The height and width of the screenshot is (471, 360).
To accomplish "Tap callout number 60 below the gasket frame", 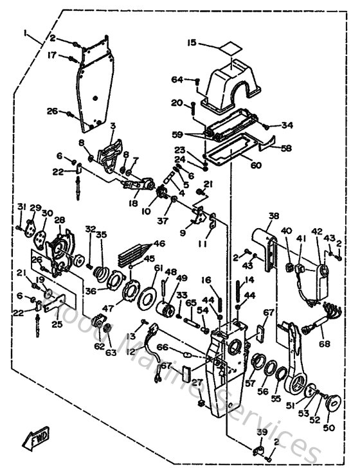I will click(255, 165).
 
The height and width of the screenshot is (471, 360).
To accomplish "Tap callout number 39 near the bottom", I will click(261, 432).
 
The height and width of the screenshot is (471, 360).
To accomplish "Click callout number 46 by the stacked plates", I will click(158, 244).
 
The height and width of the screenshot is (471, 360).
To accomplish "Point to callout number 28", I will click(59, 220).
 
